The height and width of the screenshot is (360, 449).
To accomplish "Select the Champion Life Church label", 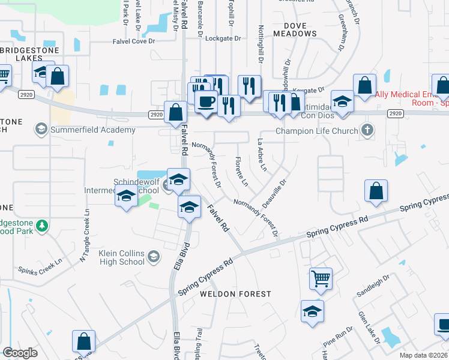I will coord(316,131).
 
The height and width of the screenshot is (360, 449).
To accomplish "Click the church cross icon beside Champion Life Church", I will coord(367,130).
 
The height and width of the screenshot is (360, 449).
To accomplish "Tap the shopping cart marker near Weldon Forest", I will coord(321,278).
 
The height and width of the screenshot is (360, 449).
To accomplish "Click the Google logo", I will coord(20,353).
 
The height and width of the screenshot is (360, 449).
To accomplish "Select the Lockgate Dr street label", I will coord(223,38).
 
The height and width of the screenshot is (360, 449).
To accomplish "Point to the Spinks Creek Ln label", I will coord(40,270).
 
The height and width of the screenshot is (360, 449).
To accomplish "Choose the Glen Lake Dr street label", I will coord(367,324).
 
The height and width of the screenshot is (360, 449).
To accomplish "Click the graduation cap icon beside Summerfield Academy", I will coord(41,130).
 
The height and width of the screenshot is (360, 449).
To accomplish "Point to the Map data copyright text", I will coord(423,355).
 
